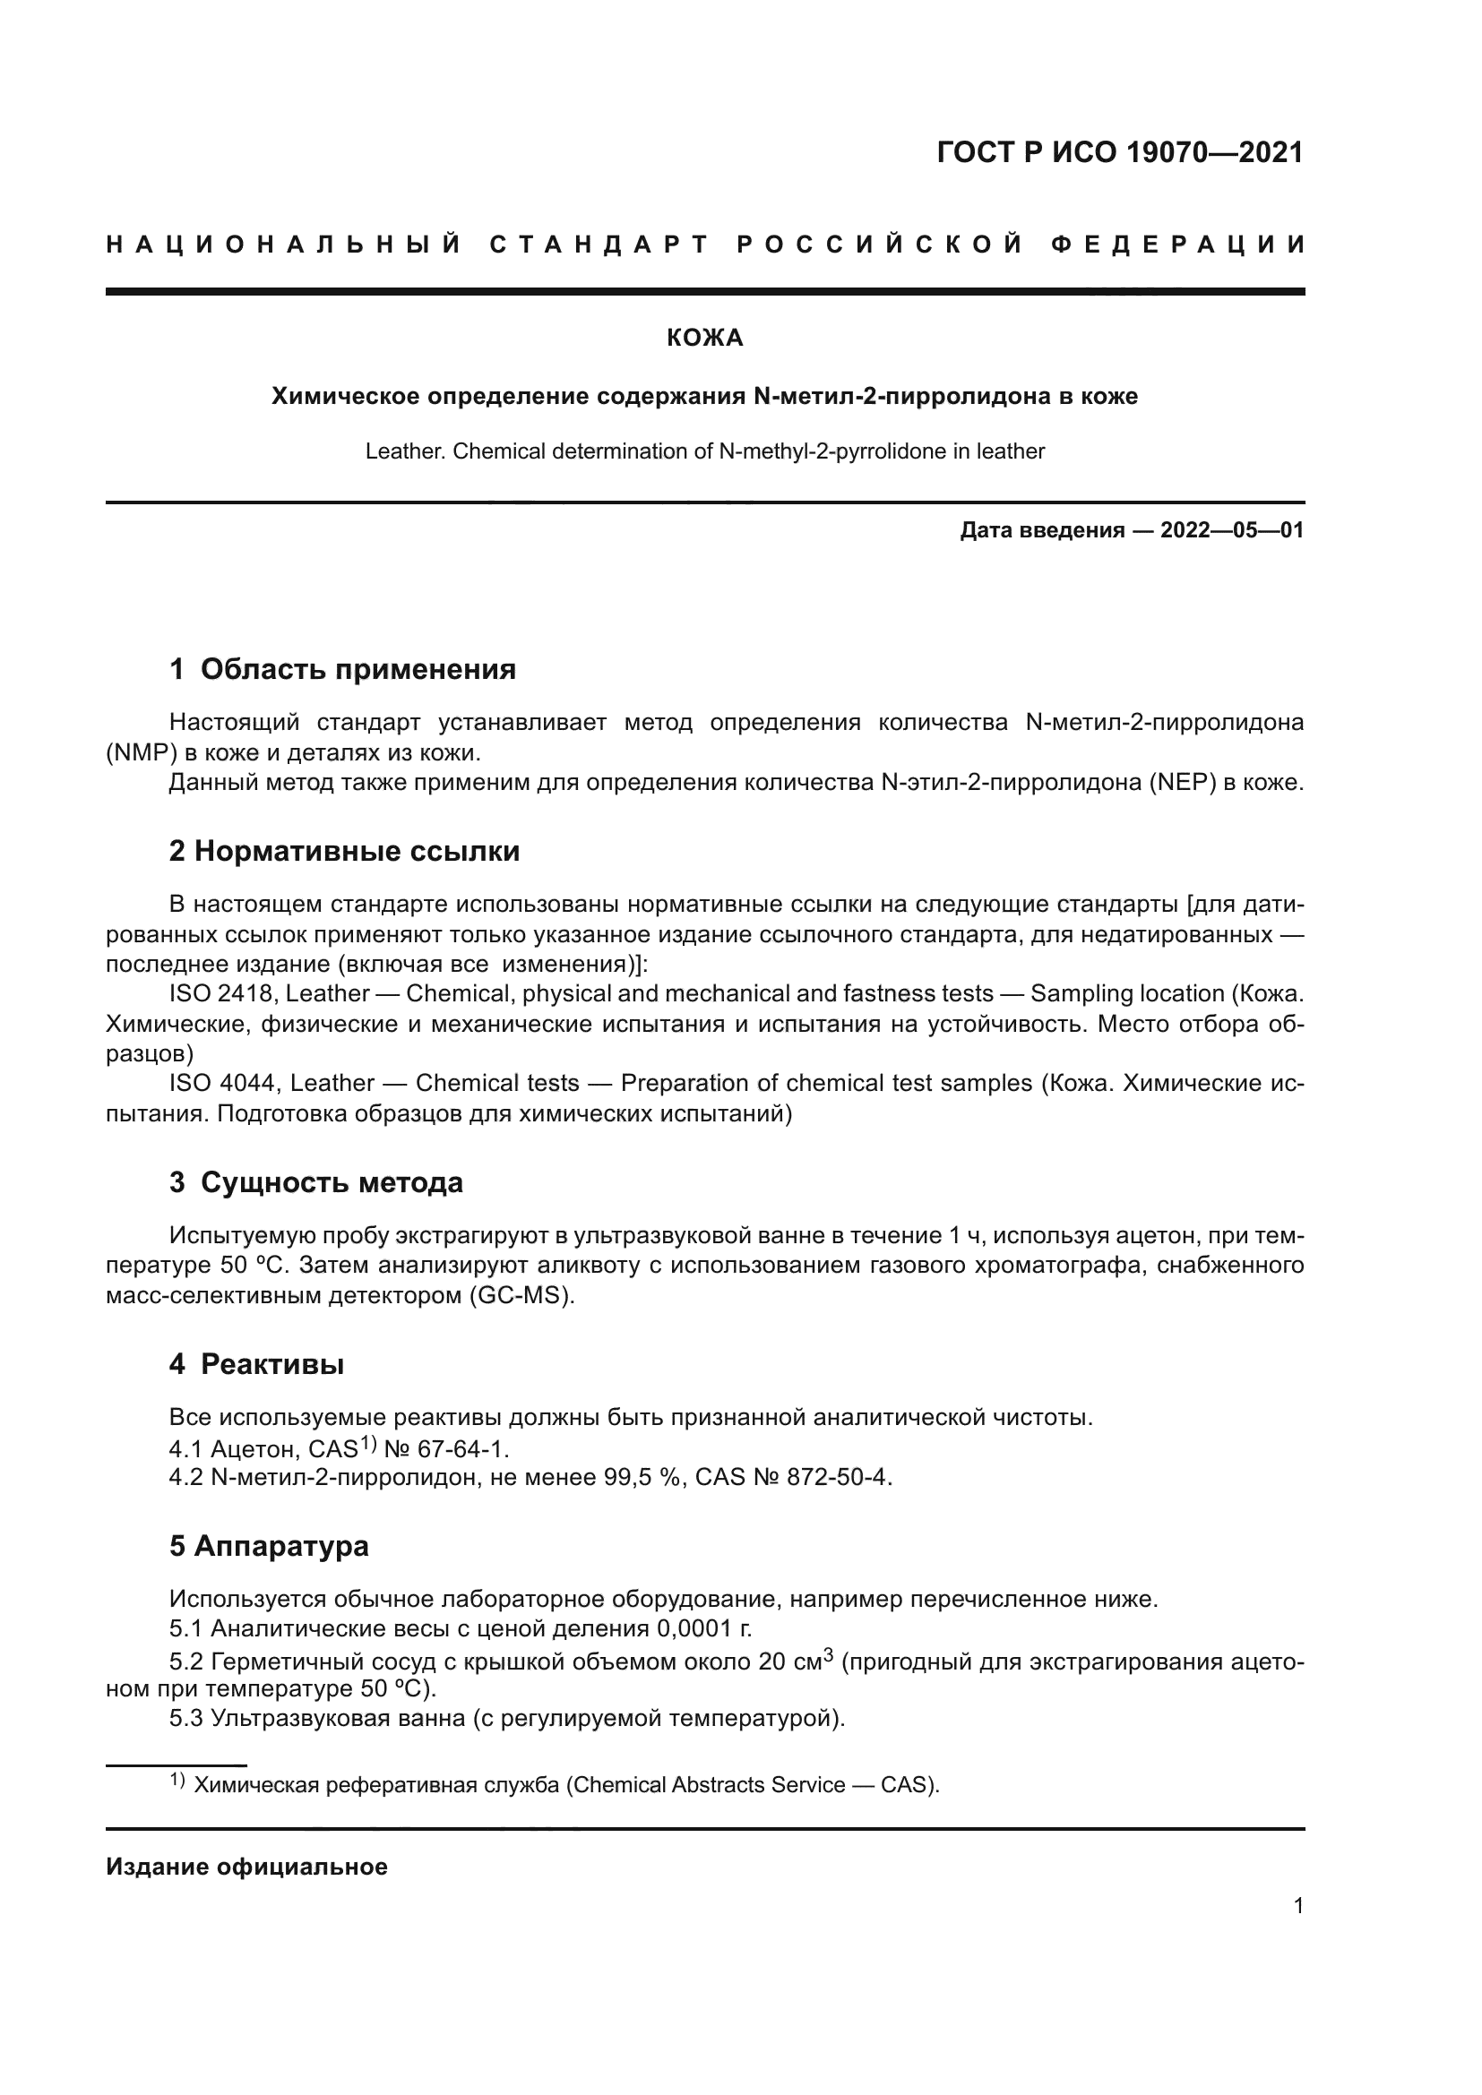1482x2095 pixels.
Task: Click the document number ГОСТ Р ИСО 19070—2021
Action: point(1120,152)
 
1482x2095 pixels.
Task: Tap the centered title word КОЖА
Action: point(704,339)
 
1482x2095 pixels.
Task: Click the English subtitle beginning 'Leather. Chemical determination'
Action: point(704,451)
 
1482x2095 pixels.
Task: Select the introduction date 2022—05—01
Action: point(1231,530)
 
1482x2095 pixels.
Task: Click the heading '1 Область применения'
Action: point(342,670)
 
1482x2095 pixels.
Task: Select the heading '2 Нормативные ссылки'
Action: point(344,851)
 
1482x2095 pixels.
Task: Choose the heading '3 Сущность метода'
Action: point(315,1182)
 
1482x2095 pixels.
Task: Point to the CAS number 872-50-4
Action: point(838,1477)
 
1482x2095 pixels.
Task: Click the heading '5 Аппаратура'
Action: point(269,1546)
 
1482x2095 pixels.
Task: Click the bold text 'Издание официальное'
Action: point(246,1867)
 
